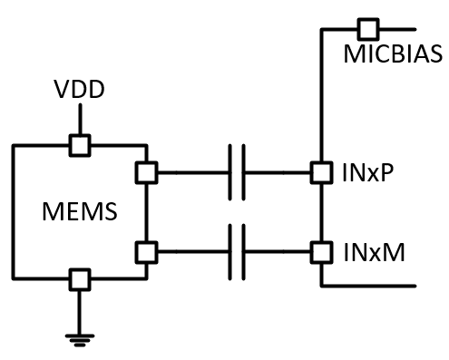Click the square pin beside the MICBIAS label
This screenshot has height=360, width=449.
(x=367, y=27)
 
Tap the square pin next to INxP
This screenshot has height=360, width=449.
(x=320, y=171)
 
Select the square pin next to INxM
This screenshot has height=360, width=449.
(x=320, y=248)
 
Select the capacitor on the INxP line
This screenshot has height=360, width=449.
(x=237, y=171)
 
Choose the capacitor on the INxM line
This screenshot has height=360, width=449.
(x=237, y=248)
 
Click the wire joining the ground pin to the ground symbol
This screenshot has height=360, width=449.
(x=81, y=308)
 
